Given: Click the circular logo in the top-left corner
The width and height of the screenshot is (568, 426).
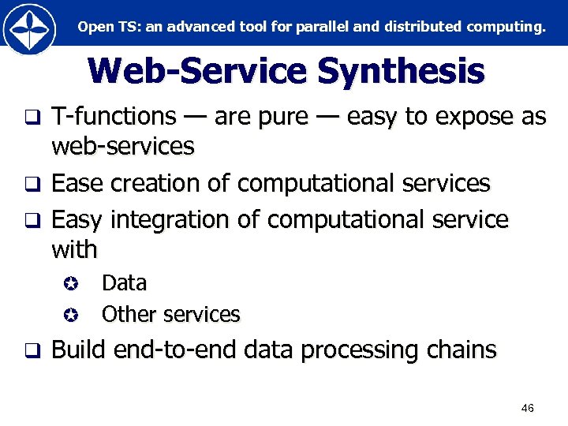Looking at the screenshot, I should click(x=29, y=29).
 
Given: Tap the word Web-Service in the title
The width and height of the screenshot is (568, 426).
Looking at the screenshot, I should click(x=198, y=71).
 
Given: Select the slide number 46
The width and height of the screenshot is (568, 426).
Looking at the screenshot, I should click(x=528, y=408).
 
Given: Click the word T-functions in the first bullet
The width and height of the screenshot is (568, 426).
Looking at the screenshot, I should click(x=114, y=117).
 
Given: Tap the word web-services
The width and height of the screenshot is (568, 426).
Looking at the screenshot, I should click(x=122, y=146).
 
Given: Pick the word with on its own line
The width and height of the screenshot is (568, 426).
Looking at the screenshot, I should click(x=74, y=250).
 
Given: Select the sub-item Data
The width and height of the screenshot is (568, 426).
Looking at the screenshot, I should click(x=124, y=282).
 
